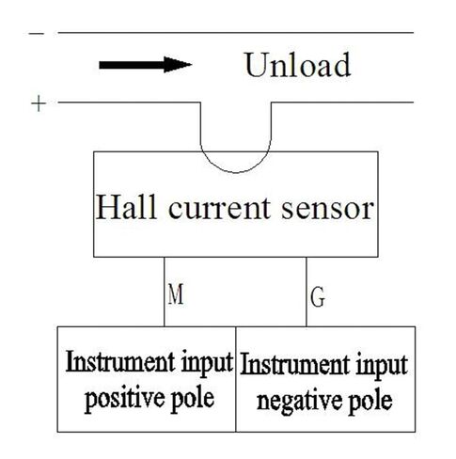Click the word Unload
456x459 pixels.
point(297,65)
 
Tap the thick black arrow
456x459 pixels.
point(146,65)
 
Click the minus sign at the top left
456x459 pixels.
point(37,33)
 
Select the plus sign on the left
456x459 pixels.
point(39,104)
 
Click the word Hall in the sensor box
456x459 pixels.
point(126,208)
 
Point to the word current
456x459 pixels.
point(219,208)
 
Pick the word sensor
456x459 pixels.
point(327,210)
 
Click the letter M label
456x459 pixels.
point(176,293)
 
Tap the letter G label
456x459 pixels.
point(318,296)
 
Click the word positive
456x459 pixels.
point(123,399)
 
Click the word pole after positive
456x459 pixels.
point(193,399)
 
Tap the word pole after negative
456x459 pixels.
point(370,402)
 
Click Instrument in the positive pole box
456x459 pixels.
point(120,362)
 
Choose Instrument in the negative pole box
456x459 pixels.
point(294,365)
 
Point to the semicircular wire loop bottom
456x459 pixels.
point(236,172)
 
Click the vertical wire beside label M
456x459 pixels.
point(164,292)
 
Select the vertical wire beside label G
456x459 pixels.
point(307,292)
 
